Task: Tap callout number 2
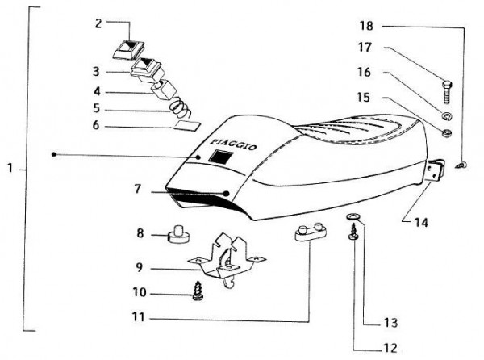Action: [x=98, y=23]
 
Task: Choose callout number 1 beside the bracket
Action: [x=10, y=170]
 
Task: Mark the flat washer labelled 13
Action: [x=354, y=219]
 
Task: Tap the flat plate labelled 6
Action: [x=186, y=124]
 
